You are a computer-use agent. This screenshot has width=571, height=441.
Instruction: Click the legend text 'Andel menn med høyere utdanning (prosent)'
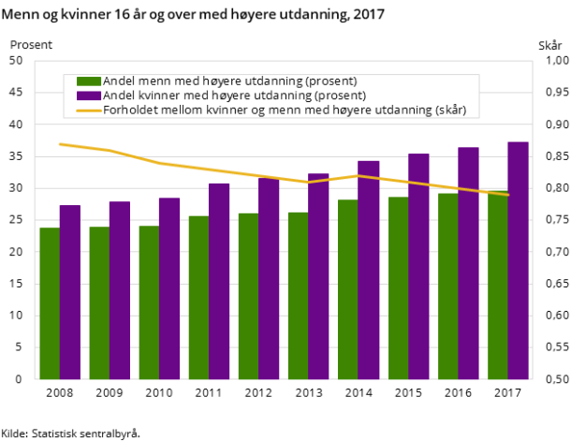229,81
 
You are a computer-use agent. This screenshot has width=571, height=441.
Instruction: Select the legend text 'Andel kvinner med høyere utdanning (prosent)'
234,96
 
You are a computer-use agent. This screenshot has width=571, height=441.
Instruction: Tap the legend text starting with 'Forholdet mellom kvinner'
291,110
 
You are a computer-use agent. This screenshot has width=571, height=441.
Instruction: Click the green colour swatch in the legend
88,81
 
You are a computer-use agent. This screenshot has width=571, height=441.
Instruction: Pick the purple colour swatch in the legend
88,96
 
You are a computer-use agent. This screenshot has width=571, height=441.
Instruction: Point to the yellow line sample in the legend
88,110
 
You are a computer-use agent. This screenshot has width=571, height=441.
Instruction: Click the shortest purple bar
70,292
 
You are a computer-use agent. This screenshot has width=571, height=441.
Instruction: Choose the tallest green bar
498,286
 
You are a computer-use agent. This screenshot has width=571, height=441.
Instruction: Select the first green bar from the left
50,303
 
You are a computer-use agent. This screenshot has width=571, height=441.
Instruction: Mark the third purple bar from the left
169,288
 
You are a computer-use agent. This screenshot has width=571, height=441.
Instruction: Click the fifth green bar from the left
248,296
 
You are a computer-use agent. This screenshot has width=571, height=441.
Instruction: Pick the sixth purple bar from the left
318,276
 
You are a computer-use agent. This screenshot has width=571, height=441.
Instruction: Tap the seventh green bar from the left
347,289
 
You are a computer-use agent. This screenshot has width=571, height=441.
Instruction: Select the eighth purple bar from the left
418,266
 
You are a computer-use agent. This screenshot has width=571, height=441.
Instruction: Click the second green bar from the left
99,302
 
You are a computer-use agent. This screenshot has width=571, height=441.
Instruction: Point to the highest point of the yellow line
60,144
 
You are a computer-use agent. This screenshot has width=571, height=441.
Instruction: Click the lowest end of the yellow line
508,195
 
